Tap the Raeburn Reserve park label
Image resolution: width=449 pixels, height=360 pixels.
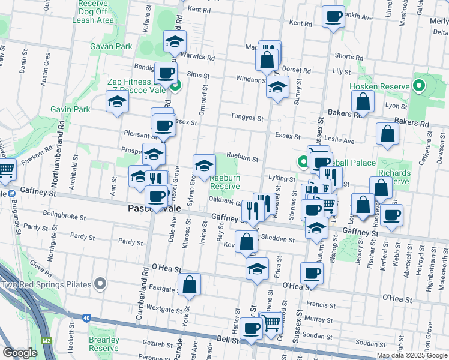coord(225,182)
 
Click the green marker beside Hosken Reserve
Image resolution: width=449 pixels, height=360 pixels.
coord(419,86)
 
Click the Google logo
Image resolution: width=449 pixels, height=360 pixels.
coord(20,353)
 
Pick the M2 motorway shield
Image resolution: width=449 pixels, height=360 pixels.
coord(47,340)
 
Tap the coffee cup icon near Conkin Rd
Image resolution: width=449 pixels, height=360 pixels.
coord(333,17)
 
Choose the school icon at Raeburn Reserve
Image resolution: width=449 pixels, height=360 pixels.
coord(204,165)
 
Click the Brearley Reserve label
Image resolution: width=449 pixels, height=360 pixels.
coord(103,344)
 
